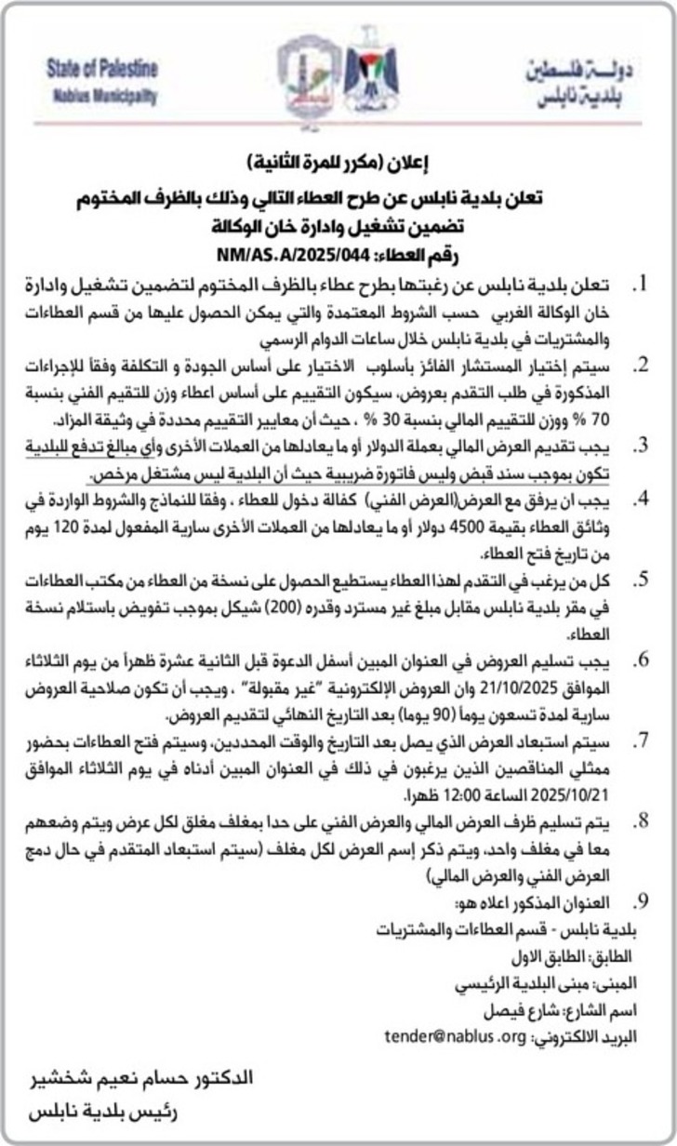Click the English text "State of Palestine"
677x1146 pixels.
102,69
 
